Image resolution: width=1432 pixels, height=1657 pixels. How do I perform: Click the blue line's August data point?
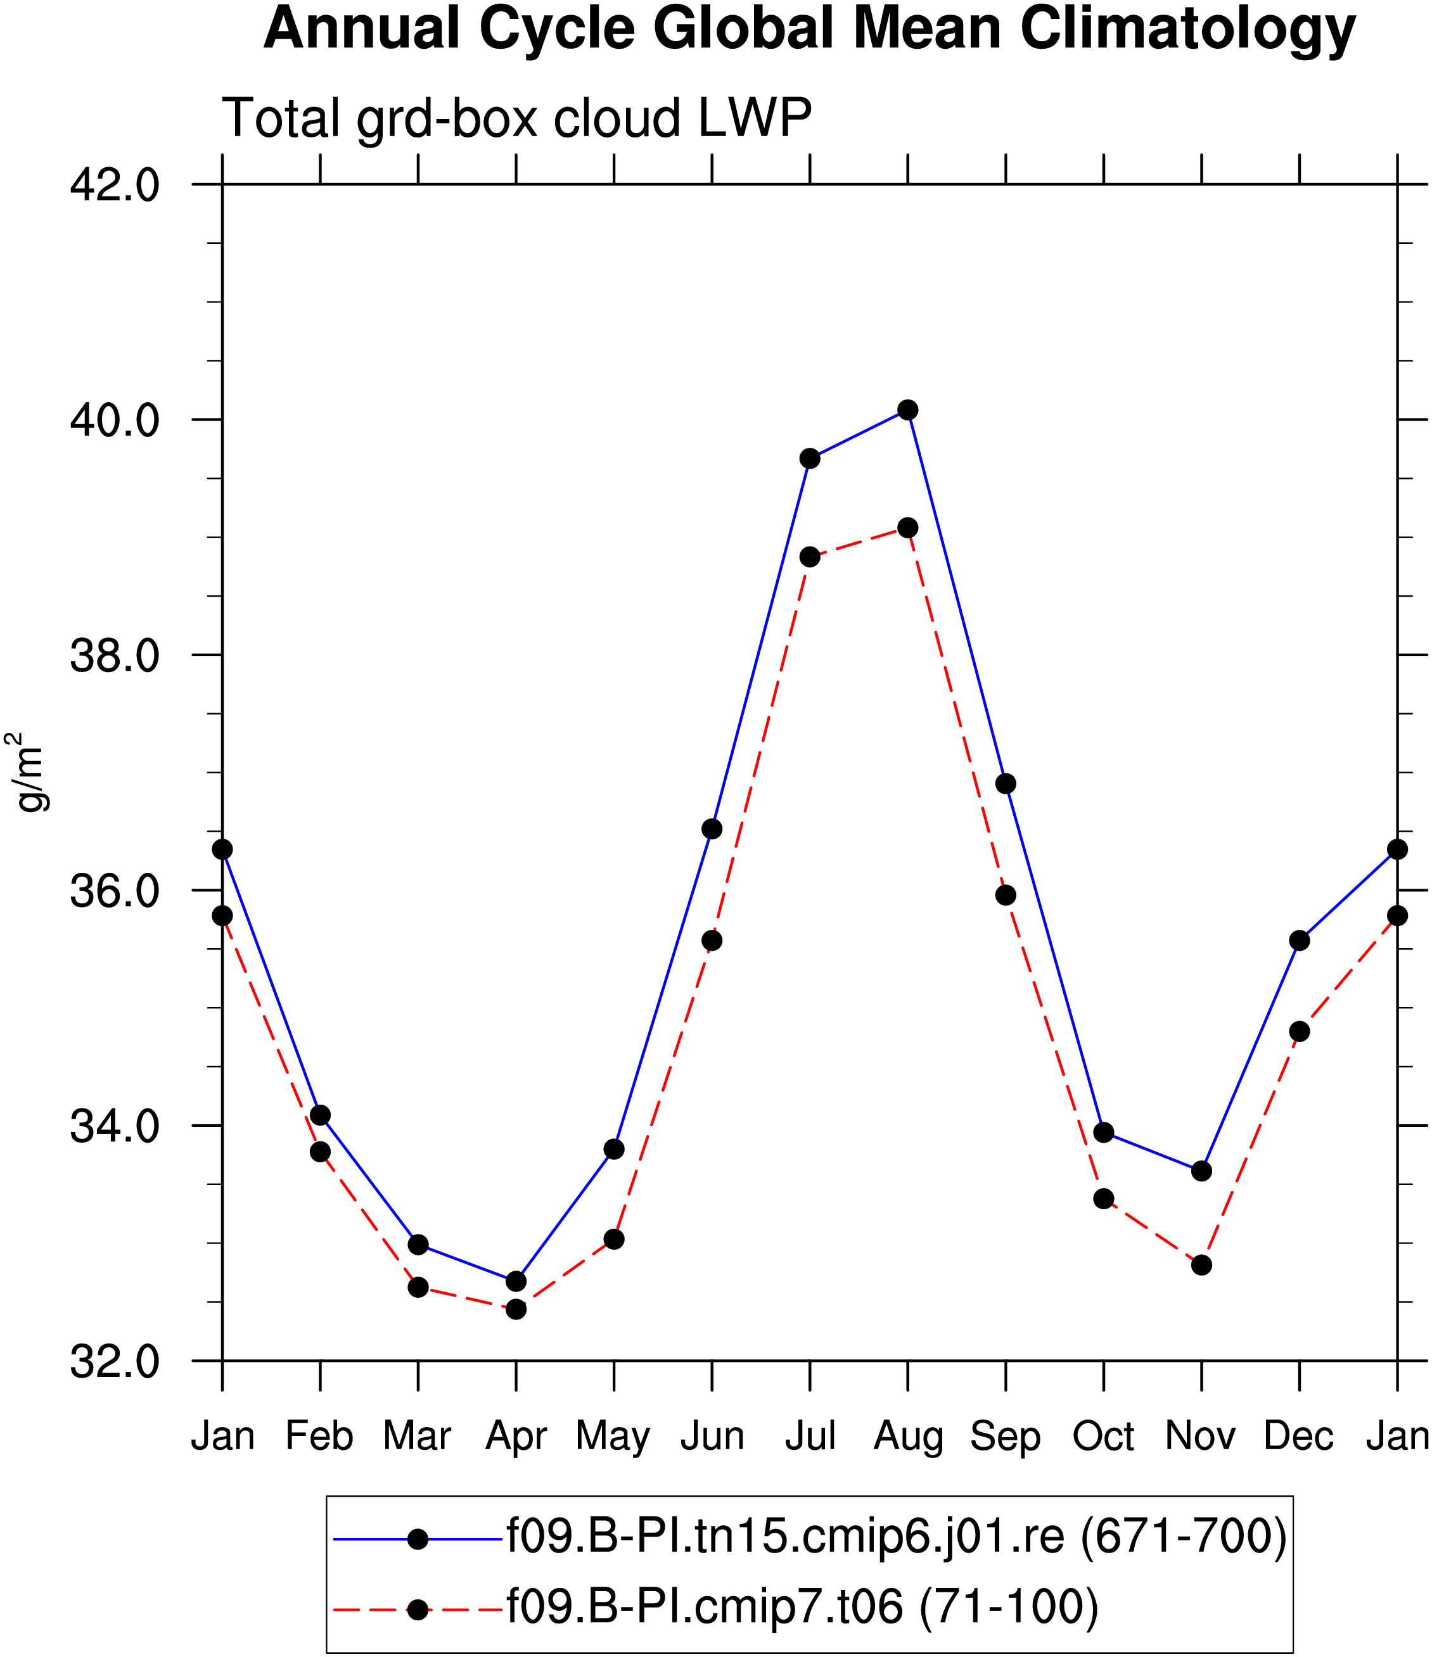click(x=907, y=410)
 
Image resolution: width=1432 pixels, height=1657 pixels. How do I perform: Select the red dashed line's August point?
click(x=907, y=528)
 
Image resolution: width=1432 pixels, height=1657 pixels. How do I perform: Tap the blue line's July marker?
click(x=810, y=458)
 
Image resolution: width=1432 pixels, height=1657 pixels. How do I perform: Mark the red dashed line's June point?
click(x=712, y=941)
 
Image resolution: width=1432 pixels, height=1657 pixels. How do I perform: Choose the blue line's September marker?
click(x=1006, y=784)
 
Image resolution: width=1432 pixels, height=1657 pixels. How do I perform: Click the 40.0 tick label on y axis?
click(x=115, y=421)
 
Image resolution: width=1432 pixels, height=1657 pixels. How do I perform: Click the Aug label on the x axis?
click(x=908, y=1437)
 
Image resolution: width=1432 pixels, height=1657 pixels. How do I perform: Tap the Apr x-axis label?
click(x=516, y=1437)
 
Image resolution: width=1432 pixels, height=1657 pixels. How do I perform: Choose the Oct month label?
click(x=1103, y=1437)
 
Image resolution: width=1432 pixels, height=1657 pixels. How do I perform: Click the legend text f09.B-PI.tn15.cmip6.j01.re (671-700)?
click(x=897, y=1535)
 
